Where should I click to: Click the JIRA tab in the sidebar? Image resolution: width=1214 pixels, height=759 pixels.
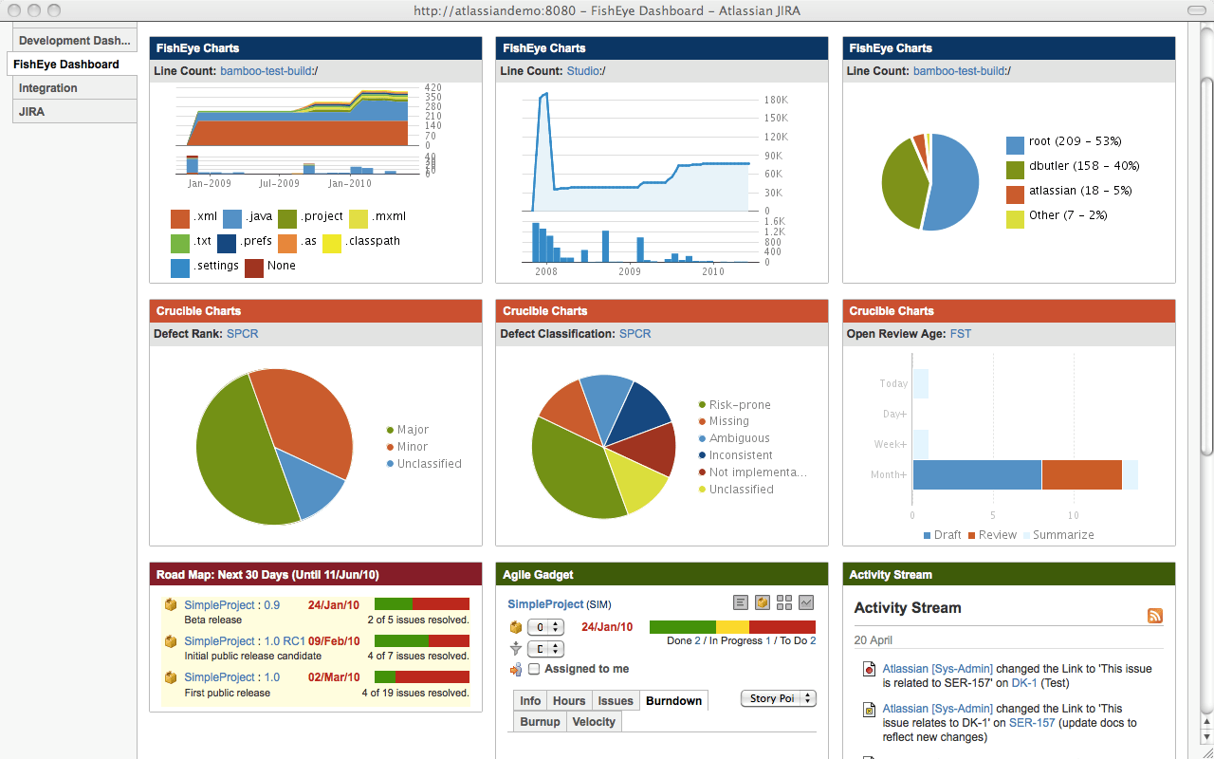(x=32, y=112)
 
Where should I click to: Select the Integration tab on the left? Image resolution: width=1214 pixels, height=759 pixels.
(x=48, y=88)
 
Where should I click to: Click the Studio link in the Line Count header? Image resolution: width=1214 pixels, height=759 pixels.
(x=583, y=71)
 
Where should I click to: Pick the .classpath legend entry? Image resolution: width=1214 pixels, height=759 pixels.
(x=374, y=242)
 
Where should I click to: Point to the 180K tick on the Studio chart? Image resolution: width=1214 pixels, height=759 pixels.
(x=776, y=100)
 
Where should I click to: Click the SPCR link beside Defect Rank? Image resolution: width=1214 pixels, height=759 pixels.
(x=242, y=334)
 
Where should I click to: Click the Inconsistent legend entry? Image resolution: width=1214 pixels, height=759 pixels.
(x=741, y=455)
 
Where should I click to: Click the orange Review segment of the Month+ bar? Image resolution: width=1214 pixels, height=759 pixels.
(x=1081, y=474)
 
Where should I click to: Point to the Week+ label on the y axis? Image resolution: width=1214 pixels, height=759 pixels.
(x=890, y=444)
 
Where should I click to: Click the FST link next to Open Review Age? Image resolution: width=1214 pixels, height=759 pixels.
(x=960, y=334)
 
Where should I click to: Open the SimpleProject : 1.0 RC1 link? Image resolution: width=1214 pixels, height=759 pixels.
(x=245, y=641)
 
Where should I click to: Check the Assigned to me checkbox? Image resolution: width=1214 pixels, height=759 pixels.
(x=534, y=669)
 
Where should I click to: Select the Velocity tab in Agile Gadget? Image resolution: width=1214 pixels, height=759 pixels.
(x=594, y=722)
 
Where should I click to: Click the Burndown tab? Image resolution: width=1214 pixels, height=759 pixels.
(x=673, y=701)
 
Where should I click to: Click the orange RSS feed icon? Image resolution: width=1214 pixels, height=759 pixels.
(x=1154, y=616)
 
